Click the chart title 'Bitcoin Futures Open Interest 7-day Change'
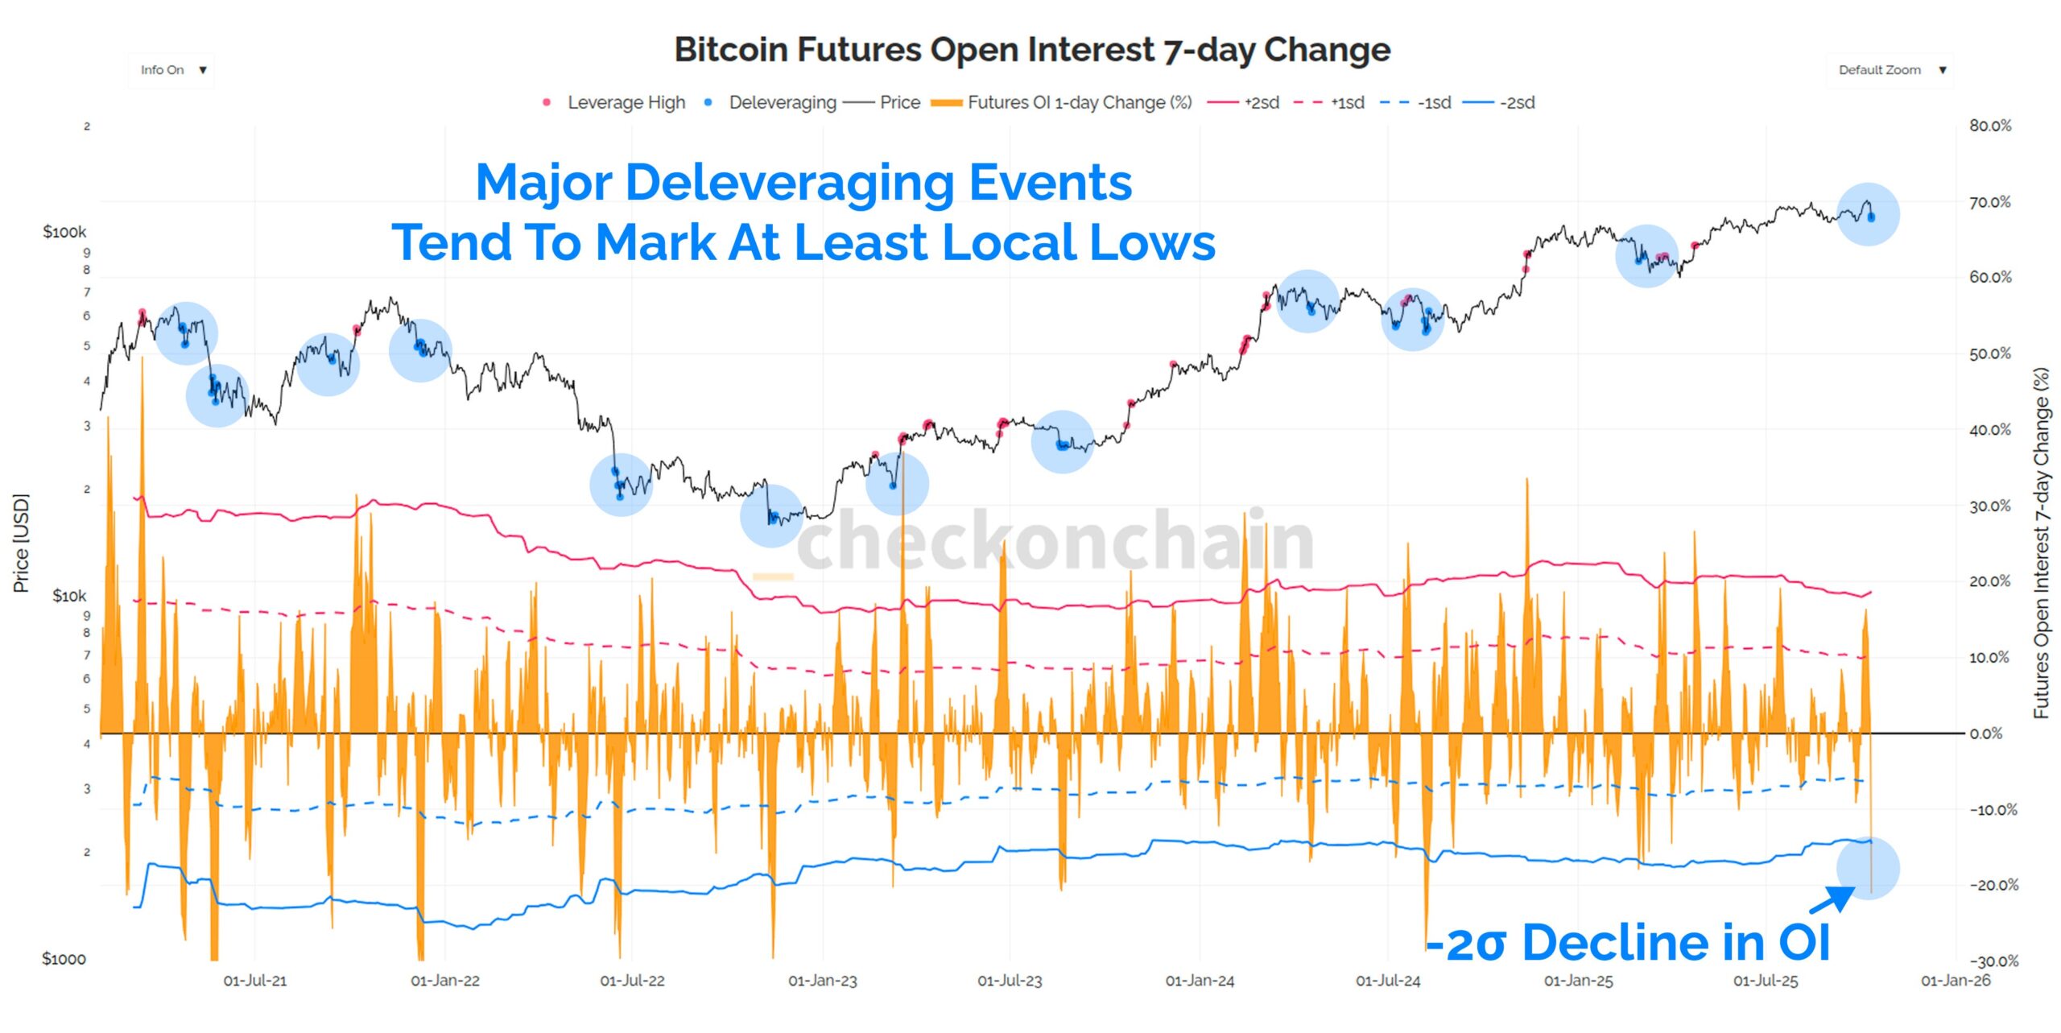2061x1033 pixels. tap(1032, 50)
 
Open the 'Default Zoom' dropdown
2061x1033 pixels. tap(1890, 70)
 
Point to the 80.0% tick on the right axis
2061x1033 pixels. tap(1989, 126)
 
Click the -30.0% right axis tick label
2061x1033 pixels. tap(1993, 961)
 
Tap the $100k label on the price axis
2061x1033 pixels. tap(64, 232)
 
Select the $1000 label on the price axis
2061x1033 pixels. tap(64, 958)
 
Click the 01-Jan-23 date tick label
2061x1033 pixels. tap(822, 981)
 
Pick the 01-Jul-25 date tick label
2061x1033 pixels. tap(1765, 981)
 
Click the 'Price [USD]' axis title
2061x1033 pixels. tap(21, 543)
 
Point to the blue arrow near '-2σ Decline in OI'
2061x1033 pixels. tap(1832, 899)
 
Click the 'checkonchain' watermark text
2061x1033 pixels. tap(1055, 539)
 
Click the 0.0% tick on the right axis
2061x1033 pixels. tap(1985, 733)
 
